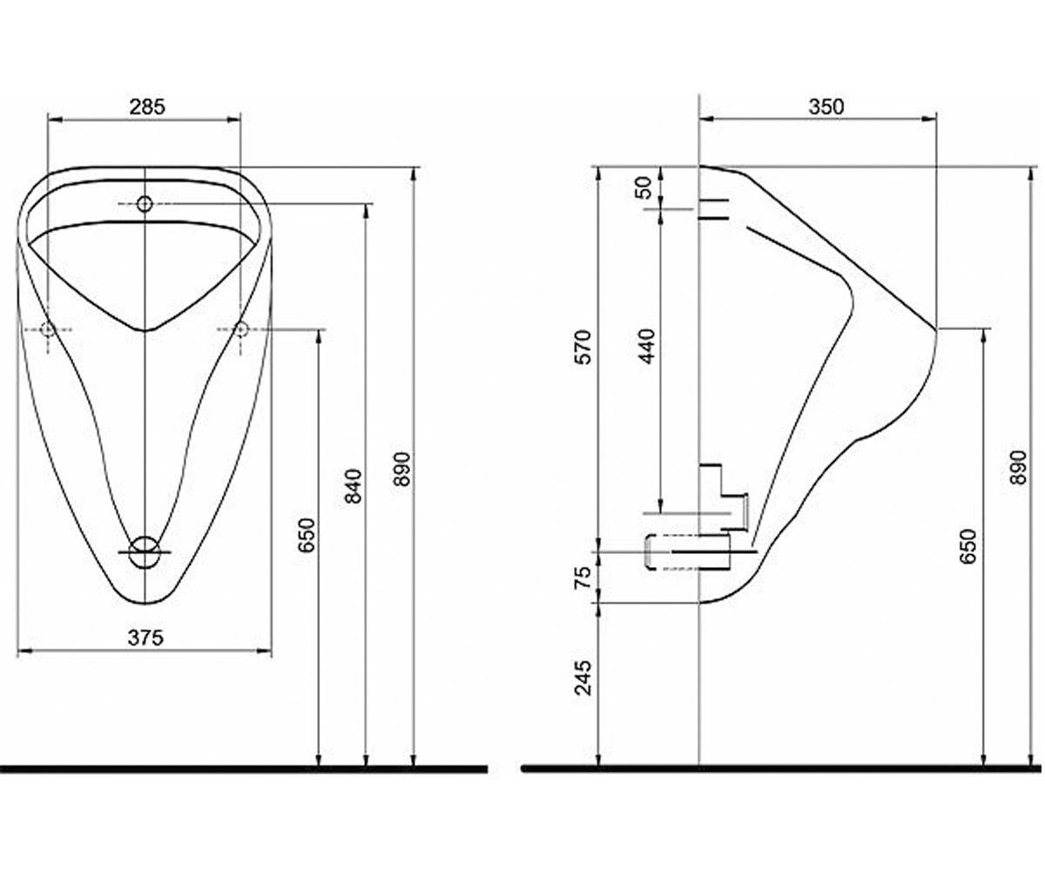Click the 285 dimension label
[147, 107]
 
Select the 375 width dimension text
[145, 638]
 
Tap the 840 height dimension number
[354, 485]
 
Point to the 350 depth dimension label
[826, 106]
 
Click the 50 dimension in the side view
[646, 188]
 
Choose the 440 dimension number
[647, 346]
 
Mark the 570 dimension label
[583, 347]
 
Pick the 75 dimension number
[583, 577]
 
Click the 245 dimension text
[583, 678]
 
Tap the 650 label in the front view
[307, 535]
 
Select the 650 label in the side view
[968, 547]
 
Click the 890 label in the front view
[401, 469]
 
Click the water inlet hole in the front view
[145, 204]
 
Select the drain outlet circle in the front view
[145, 551]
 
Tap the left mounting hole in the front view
[48, 329]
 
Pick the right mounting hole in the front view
[240, 329]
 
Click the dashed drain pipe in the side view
[687, 552]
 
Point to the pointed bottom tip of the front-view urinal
[145, 604]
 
